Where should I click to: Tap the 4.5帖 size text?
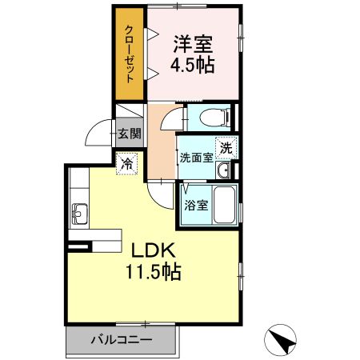[x=193, y=65]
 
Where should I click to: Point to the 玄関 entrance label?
[x=128, y=134]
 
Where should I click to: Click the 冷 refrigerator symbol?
[x=127, y=163]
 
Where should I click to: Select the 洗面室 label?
[x=195, y=158]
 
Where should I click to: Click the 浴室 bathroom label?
[x=197, y=205]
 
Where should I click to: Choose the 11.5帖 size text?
[x=152, y=271]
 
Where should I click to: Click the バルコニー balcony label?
[x=120, y=339]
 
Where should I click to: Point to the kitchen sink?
[x=80, y=213]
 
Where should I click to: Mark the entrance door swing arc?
[x=101, y=132]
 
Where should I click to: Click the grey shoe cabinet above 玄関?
[x=128, y=114]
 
